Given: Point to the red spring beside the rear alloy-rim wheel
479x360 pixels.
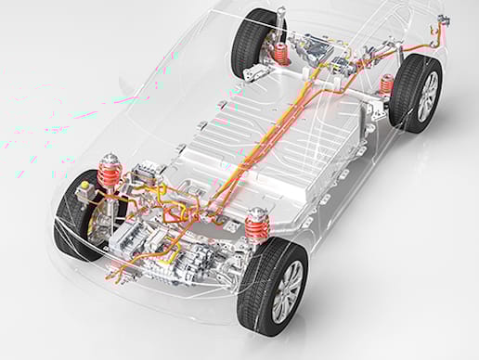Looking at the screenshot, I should pyautogui.click(x=387, y=84).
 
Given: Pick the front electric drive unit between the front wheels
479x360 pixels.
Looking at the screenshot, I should pyautogui.click(x=176, y=246).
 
